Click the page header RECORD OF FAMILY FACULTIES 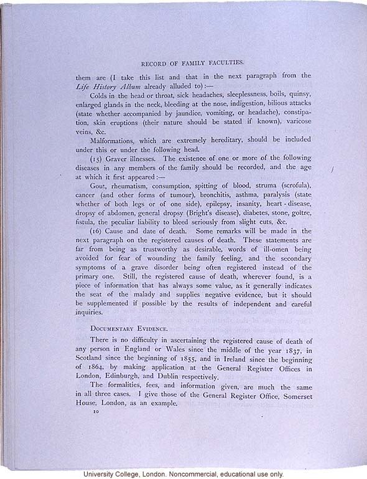pos(192,64)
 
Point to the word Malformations pos(116,141)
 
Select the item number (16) pos(99,230)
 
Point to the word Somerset pos(291,394)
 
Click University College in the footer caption pos(118,474)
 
